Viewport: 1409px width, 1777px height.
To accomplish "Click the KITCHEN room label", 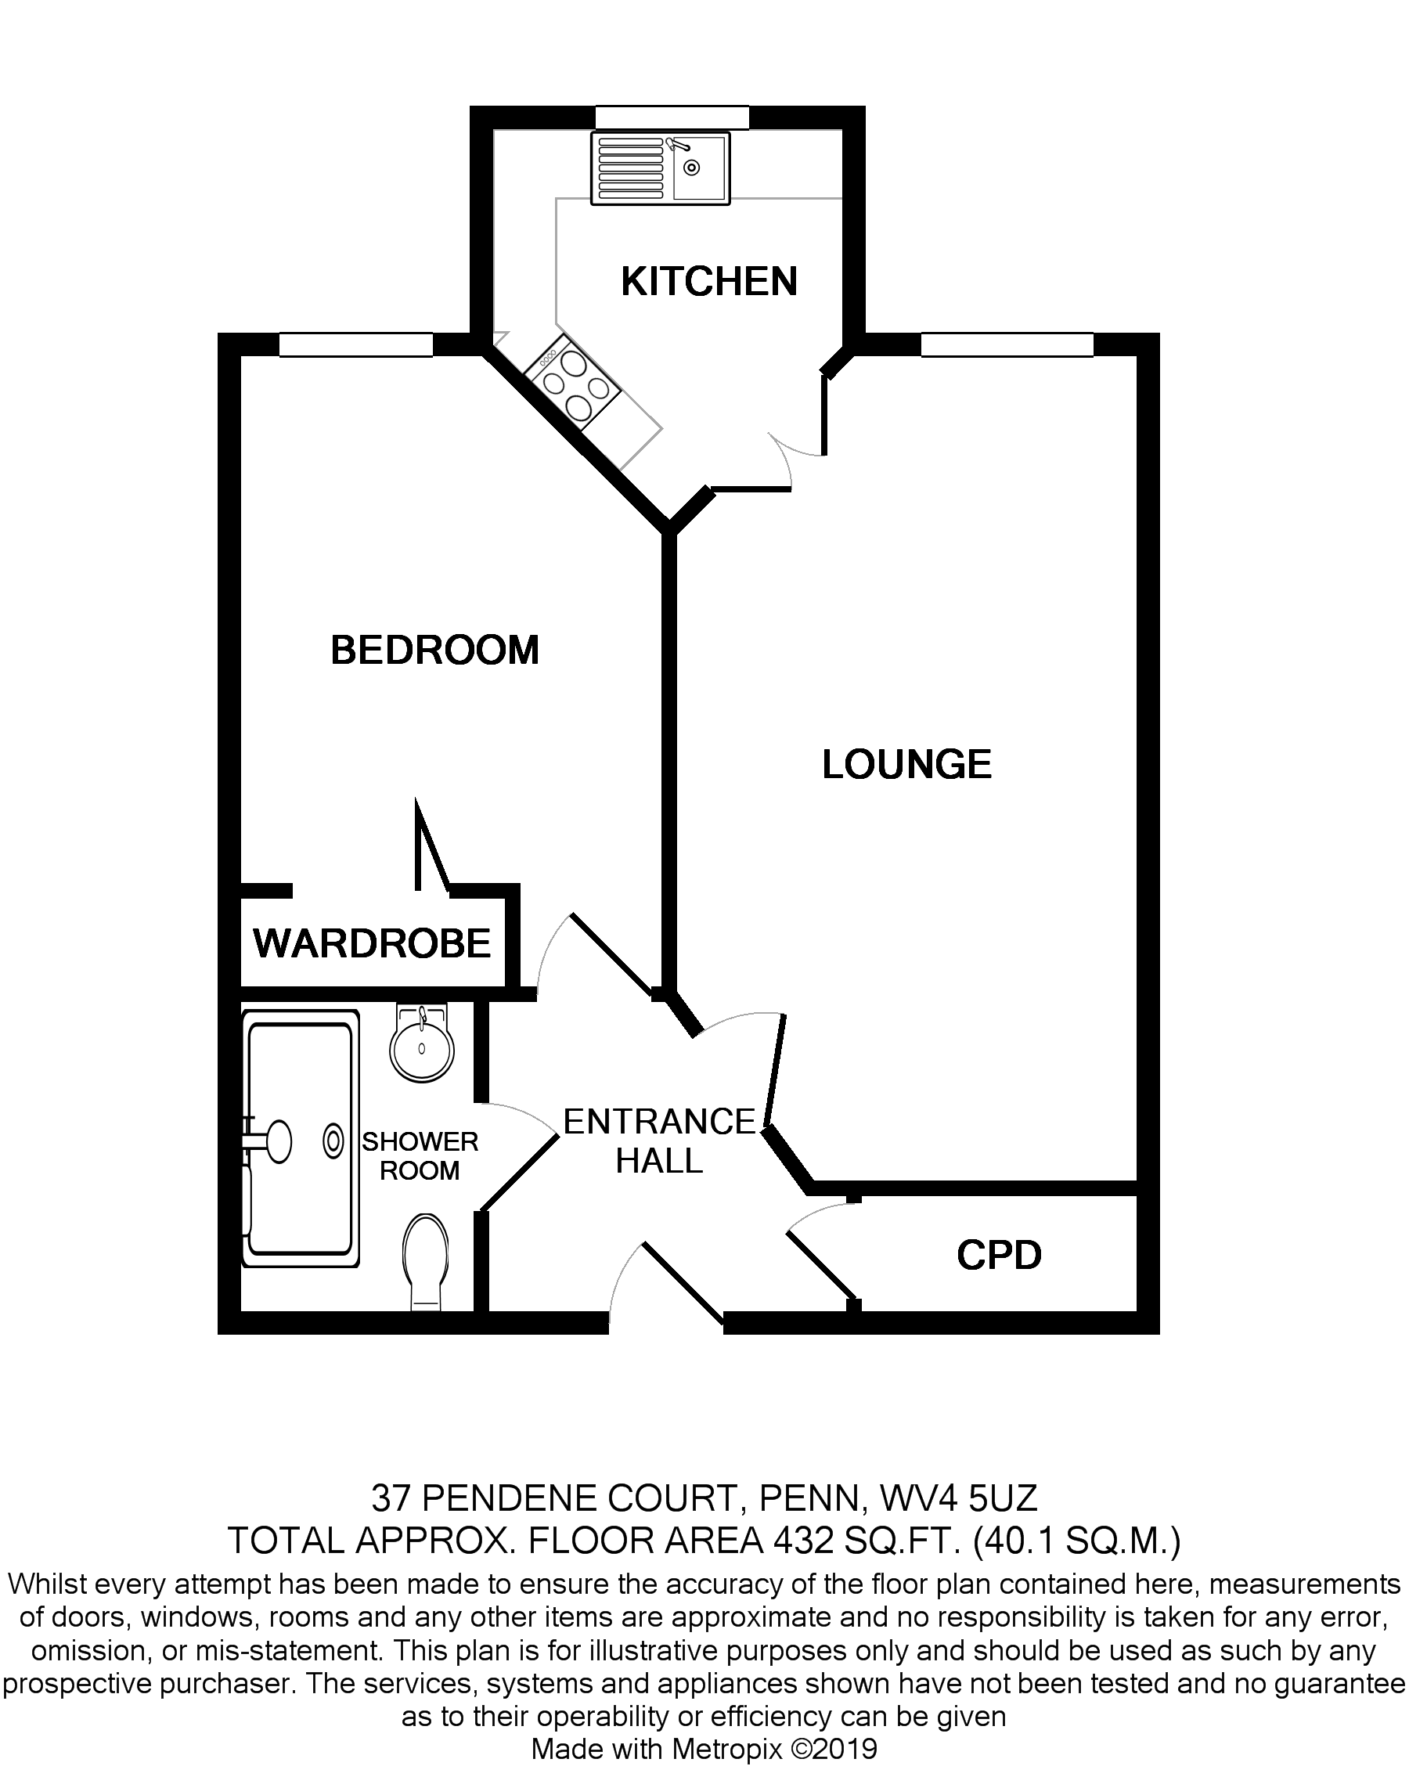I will [708, 281].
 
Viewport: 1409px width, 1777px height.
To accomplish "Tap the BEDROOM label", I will [434, 651].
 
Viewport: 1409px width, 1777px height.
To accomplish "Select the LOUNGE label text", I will [906, 764].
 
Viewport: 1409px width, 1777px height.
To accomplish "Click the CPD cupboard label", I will [999, 1256].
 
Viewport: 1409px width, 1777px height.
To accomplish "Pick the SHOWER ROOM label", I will [420, 1155].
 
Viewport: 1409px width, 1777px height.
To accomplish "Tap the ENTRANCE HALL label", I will [659, 1141].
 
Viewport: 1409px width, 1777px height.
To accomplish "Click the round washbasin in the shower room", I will [422, 1049].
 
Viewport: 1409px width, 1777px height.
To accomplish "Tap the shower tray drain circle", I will [333, 1141].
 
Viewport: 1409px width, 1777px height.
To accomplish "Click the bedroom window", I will [356, 344].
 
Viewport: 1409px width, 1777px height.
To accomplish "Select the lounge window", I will [1006, 344].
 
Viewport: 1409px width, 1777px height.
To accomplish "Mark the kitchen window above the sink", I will [672, 118].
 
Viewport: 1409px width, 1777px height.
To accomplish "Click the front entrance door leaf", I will [683, 1283].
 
